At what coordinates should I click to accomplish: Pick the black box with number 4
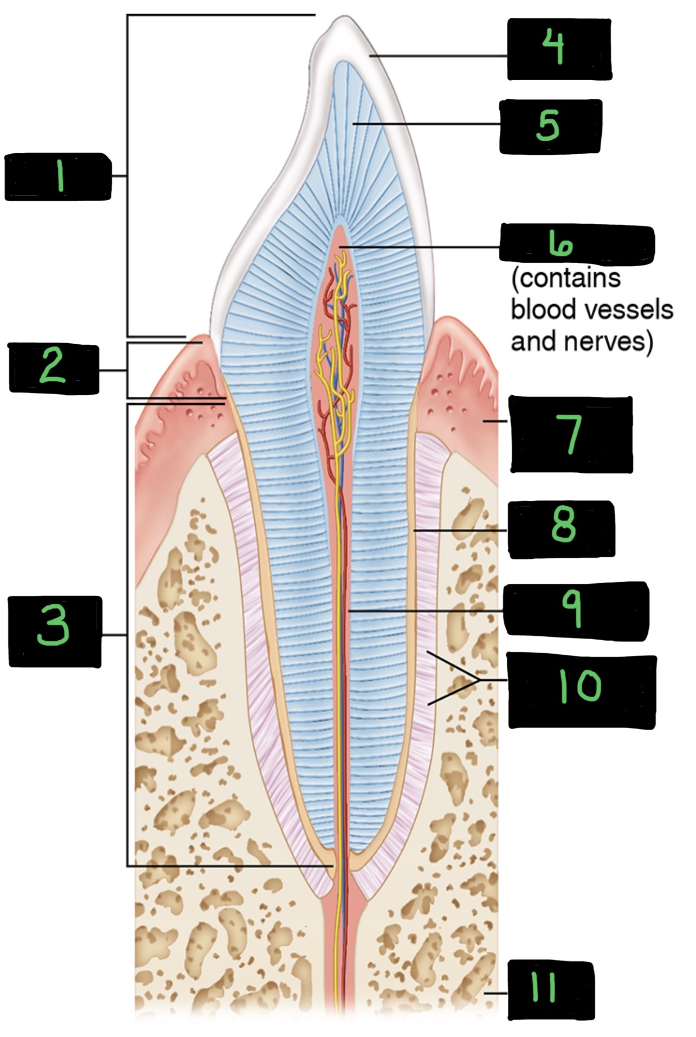pyautogui.click(x=559, y=49)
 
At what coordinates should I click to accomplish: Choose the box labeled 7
pyautogui.click(x=571, y=434)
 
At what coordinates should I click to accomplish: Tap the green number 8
pyautogui.click(x=563, y=527)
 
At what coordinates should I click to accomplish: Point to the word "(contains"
pyautogui.click(x=565, y=278)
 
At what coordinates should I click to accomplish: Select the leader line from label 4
pyautogui.click(x=439, y=55)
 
